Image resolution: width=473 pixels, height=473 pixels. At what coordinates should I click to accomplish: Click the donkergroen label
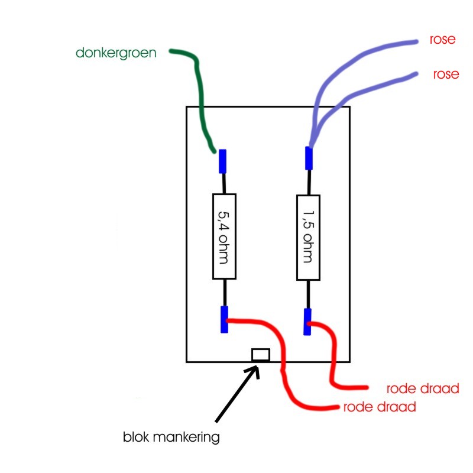coord(116,53)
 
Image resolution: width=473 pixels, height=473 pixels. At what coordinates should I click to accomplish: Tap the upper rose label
coord(443,41)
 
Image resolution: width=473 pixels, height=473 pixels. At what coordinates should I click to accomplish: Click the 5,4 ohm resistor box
coord(224,236)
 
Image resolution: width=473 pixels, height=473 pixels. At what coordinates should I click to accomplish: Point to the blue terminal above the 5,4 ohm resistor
coord(223,161)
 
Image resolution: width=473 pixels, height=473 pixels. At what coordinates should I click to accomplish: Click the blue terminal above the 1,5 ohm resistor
coord(309,157)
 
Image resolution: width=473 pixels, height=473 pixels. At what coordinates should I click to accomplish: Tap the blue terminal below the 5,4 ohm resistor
coord(224,319)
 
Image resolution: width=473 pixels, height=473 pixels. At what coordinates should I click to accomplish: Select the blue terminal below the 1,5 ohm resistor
coord(307,322)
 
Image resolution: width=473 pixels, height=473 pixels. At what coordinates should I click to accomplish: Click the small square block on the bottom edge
coord(261,355)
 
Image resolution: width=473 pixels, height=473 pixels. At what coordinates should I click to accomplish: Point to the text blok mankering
coord(171,438)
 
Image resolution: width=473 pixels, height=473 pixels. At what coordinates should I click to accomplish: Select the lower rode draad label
coord(379,407)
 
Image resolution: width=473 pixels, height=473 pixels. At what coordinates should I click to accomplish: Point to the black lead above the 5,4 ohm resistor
coord(223,183)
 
